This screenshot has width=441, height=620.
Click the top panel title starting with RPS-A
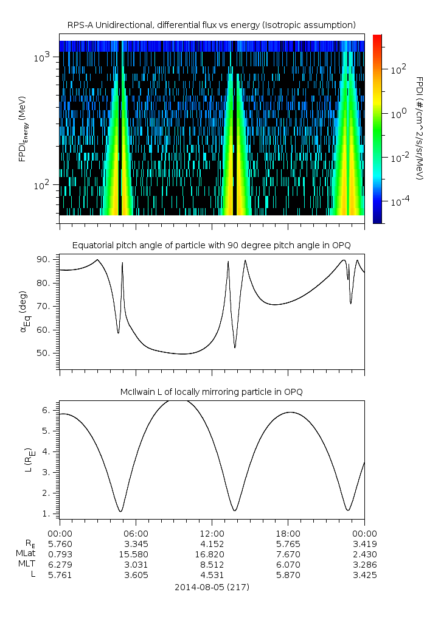click(211, 25)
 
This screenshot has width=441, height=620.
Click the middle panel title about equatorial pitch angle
click(211, 245)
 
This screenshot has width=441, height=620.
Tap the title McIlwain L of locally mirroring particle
click(211, 392)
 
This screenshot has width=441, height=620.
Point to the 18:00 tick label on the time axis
click(288, 532)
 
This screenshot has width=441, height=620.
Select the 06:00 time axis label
click(136, 532)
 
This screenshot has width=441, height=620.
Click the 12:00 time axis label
click(212, 532)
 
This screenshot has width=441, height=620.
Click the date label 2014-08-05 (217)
click(212, 587)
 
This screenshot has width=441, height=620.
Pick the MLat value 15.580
click(136, 554)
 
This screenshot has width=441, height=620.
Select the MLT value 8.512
click(212, 565)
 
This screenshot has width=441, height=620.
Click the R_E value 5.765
click(288, 543)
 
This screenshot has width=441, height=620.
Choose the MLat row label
click(28, 554)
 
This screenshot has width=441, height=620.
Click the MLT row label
click(28, 565)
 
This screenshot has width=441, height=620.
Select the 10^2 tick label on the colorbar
click(398, 69)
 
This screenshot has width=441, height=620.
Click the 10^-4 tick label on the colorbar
click(400, 200)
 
